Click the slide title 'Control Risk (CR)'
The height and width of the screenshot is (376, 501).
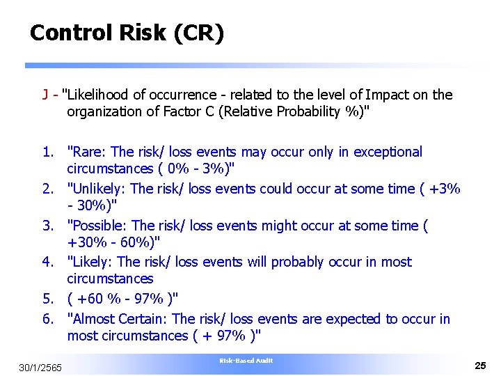(x=127, y=33)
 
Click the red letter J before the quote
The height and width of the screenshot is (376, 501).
(x=45, y=95)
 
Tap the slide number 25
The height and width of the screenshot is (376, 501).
(x=479, y=365)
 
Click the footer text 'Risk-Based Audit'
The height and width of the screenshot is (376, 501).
(x=246, y=360)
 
